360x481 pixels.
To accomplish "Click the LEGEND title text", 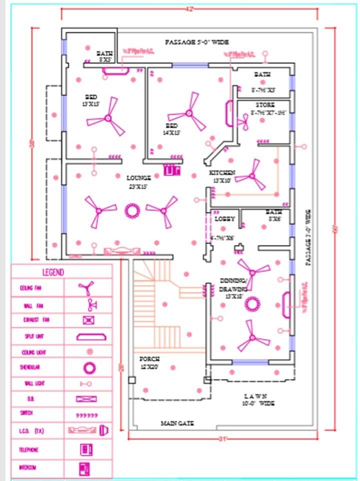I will coord(53,272).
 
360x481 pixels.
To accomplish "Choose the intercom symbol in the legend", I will coord(84,468).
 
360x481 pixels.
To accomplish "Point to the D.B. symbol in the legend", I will coord(86,399).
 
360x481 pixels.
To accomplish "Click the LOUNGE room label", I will coord(138,177).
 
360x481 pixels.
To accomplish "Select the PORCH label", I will coord(149,359).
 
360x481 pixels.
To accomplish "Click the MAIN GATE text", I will coord(177,423).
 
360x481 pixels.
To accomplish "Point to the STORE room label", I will coord(265,105).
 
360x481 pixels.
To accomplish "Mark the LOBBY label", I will coord(224,219).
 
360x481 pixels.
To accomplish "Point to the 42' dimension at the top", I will coord(189,9).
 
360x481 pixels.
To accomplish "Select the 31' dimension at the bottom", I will coord(223,438).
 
